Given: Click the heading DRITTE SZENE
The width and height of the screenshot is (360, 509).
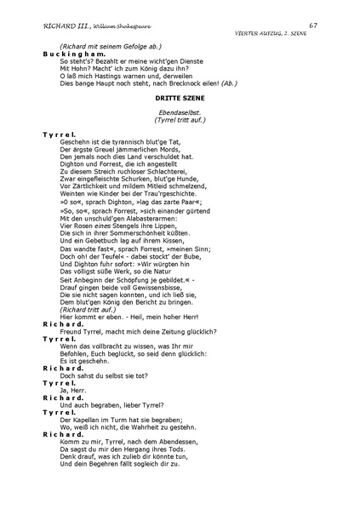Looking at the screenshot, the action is (x=180, y=100).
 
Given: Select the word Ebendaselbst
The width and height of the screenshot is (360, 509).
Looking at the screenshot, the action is (x=179, y=114).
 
